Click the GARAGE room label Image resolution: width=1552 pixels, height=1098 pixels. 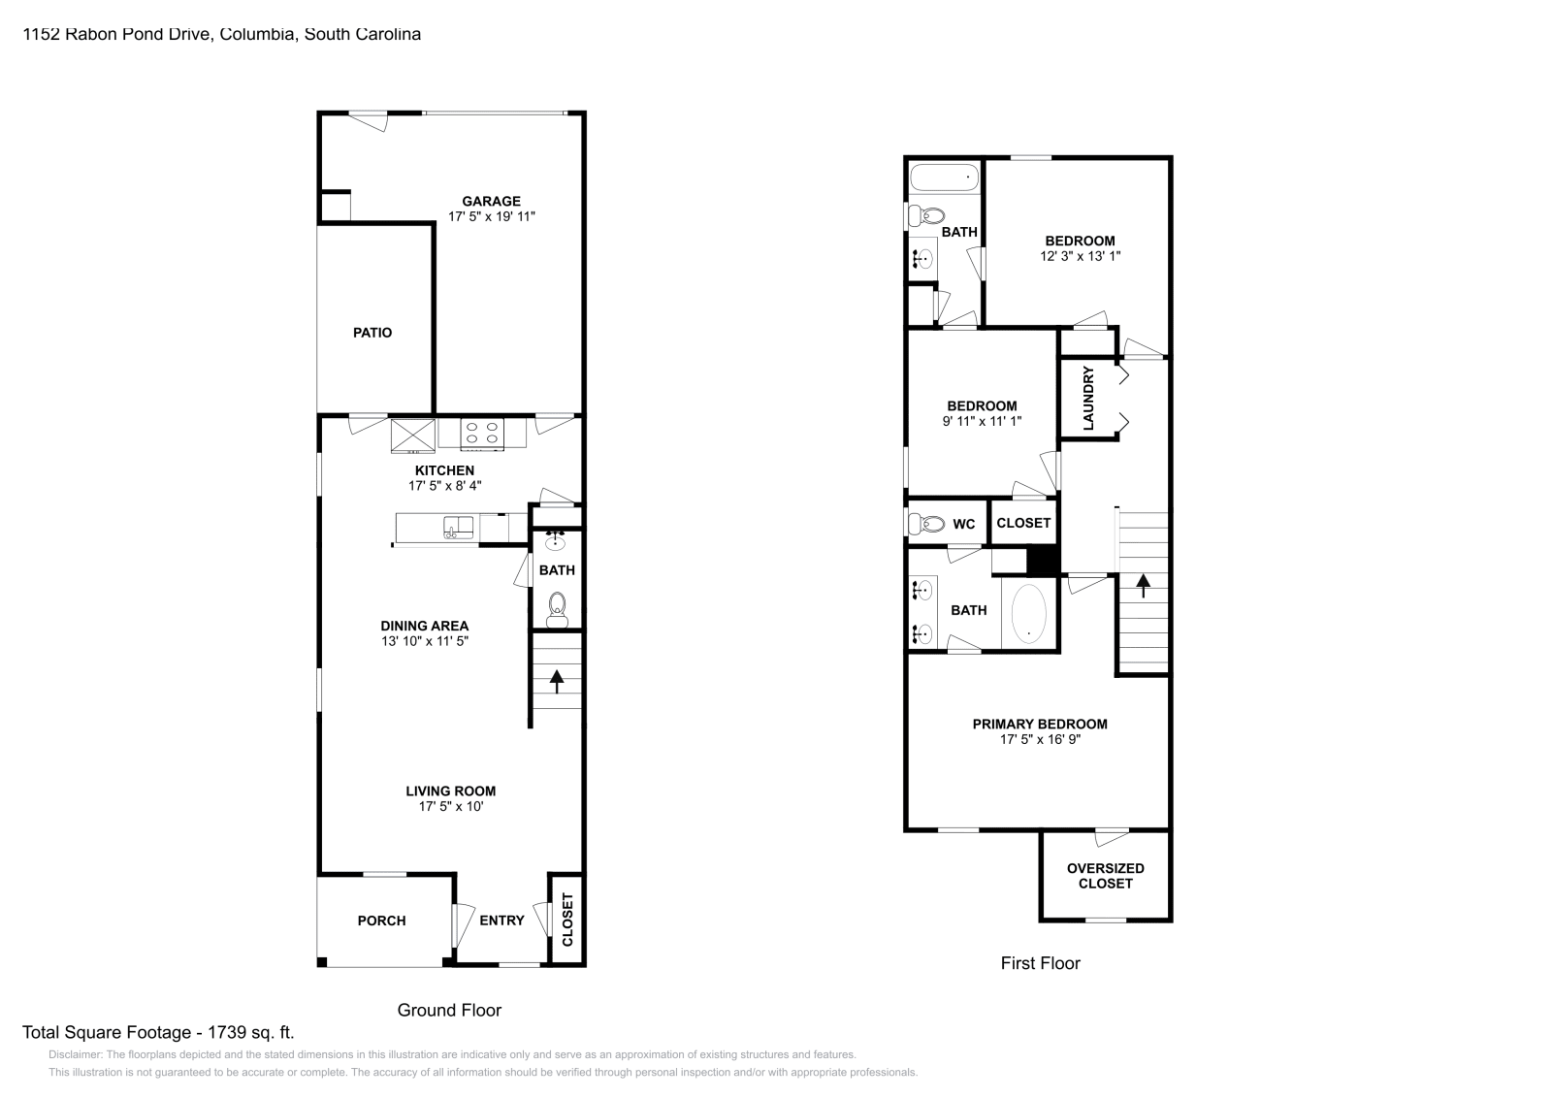point(491,202)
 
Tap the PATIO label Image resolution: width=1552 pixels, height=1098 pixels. point(372,333)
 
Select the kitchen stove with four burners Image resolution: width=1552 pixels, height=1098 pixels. point(481,433)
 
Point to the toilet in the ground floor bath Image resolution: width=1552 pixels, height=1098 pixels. point(557,608)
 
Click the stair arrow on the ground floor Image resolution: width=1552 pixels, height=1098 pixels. point(557,680)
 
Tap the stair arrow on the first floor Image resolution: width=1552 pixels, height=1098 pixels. point(1143,584)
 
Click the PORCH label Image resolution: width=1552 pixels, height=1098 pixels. point(381,920)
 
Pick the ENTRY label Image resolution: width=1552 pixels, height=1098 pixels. point(501,920)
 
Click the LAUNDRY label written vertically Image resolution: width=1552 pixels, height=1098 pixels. point(1088,398)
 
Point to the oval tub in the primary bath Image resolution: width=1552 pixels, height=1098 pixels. point(1029,613)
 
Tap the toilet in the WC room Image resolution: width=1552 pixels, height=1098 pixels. point(928,524)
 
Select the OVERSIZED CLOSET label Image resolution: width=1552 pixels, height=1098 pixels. point(1105,876)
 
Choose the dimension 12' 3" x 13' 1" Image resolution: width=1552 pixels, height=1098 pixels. point(1080,256)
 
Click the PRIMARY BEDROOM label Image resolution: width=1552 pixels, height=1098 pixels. point(1040,724)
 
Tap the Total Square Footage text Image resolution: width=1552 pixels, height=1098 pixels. point(158,1033)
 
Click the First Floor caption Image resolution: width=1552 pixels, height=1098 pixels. point(1040,963)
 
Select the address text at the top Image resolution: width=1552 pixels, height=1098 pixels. point(221,34)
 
